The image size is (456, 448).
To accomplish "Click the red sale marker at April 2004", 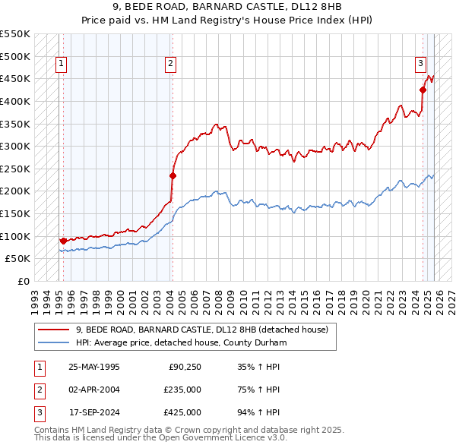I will point(173,175).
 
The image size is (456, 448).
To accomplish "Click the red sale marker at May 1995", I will point(62,240).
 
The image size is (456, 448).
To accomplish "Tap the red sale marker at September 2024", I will point(423,90).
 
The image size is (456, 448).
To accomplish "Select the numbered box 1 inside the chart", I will point(61,64).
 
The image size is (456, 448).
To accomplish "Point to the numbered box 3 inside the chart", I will point(420,64).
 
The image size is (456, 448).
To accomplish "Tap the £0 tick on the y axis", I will point(24,281).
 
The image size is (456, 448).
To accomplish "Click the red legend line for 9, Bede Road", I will point(53,330).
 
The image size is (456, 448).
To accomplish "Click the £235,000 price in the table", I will point(182,390).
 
